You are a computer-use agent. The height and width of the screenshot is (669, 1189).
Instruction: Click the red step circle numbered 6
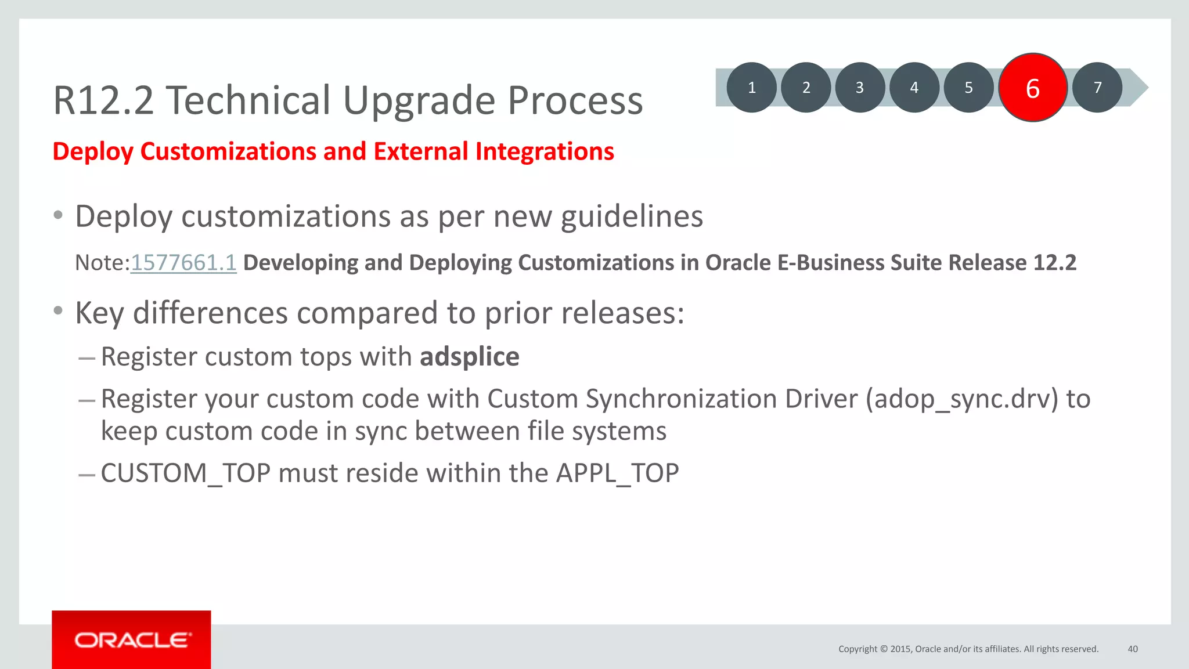pos(1033,88)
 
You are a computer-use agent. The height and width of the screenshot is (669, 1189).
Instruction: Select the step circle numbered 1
pos(751,88)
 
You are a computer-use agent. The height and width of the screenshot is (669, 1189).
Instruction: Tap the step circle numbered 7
pos(1097,88)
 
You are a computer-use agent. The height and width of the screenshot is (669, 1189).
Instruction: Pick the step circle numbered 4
pos(914,88)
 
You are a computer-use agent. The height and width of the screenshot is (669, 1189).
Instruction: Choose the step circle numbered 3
pos(860,88)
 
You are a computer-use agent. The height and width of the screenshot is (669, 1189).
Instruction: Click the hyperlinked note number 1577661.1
pos(183,263)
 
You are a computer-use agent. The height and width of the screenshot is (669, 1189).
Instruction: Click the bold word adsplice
pos(469,356)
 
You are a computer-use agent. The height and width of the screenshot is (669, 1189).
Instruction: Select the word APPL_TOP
pos(617,473)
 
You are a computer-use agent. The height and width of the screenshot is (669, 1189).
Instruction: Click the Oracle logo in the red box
pos(132,640)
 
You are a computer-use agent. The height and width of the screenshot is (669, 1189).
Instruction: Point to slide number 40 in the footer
pos(1132,649)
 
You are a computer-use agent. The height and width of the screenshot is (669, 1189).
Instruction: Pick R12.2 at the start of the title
pos(103,100)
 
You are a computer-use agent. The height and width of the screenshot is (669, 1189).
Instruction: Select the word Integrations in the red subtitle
pos(544,151)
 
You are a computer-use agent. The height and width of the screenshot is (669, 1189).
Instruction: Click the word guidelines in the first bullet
pos(632,216)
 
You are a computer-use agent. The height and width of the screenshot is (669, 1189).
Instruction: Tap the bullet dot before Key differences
pos(57,311)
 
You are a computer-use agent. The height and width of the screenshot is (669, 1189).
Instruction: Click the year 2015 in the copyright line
pos(900,649)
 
